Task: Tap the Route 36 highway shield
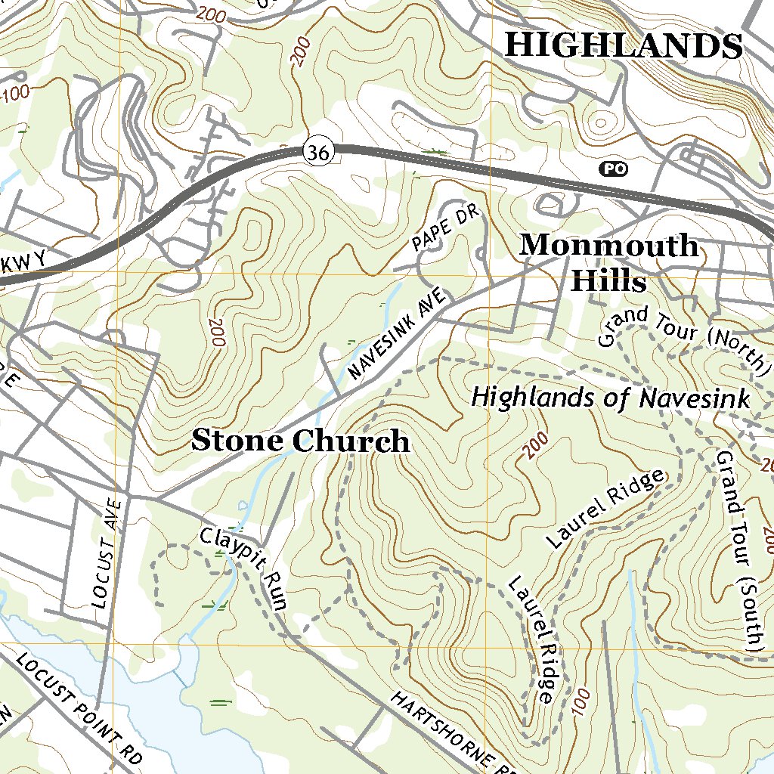coord(319,152)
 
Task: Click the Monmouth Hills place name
coord(609,263)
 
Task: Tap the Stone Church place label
coord(300,441)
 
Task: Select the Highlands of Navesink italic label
coord(610,398)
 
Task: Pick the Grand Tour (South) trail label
coord(738,551)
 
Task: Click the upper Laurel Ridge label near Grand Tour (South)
coord(605,509)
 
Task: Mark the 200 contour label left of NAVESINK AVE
coord(217,332)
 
